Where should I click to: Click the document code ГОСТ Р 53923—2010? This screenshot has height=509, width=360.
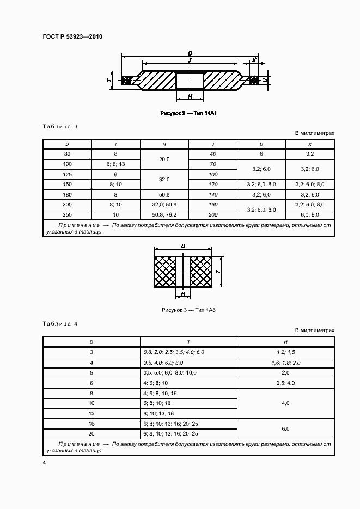72,37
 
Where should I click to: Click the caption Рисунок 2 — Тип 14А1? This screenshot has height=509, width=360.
185,114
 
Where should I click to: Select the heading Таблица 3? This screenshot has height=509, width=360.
60,126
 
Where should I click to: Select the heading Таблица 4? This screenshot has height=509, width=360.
60,323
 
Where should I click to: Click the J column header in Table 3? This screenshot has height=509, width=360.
213,144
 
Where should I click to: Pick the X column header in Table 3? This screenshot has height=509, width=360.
310,144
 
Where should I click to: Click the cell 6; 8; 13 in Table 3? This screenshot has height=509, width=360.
116,164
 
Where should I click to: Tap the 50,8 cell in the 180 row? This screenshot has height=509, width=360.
164,194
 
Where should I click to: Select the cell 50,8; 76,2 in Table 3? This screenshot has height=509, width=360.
164,214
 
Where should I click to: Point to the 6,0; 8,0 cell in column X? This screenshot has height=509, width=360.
310,214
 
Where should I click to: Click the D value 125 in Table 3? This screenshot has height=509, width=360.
68,174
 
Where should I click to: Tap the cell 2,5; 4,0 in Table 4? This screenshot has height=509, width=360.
285,383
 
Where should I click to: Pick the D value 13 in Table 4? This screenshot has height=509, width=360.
91,413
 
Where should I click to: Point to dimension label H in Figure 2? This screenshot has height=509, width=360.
190,96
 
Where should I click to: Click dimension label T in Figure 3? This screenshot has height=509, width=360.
217,271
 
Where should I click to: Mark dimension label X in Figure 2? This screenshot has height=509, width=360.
254,60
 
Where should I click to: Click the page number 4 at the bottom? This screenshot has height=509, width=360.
44,463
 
